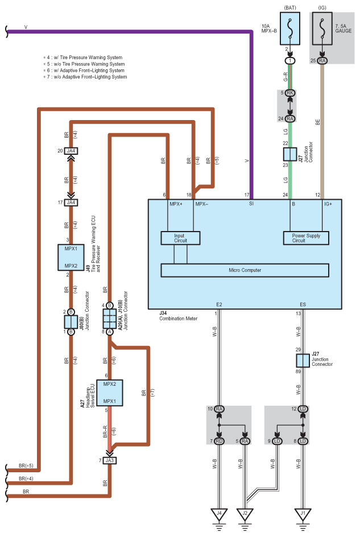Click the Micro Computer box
(x=245, y=270)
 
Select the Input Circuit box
(x=180, y=238)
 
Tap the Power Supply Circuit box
(x=306, y=238)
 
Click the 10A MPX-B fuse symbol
(x=290, y=28)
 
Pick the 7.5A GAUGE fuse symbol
(x=322, y=28)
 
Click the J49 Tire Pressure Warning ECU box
(x=71, y=257)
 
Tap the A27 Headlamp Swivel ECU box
(x=109, y=393)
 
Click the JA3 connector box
(x=109, y=460)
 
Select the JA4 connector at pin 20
(x=71, y=151)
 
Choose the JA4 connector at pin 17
(x=71, y=203)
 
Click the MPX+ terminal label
(x=176, y=204)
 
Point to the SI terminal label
(x=251, y=204)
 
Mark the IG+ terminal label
(x=328, y=204)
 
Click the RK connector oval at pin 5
(x=290, y=93)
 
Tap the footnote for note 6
(x=84, y=71)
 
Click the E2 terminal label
(x=220, y=304)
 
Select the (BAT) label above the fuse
(x=290, y=7)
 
